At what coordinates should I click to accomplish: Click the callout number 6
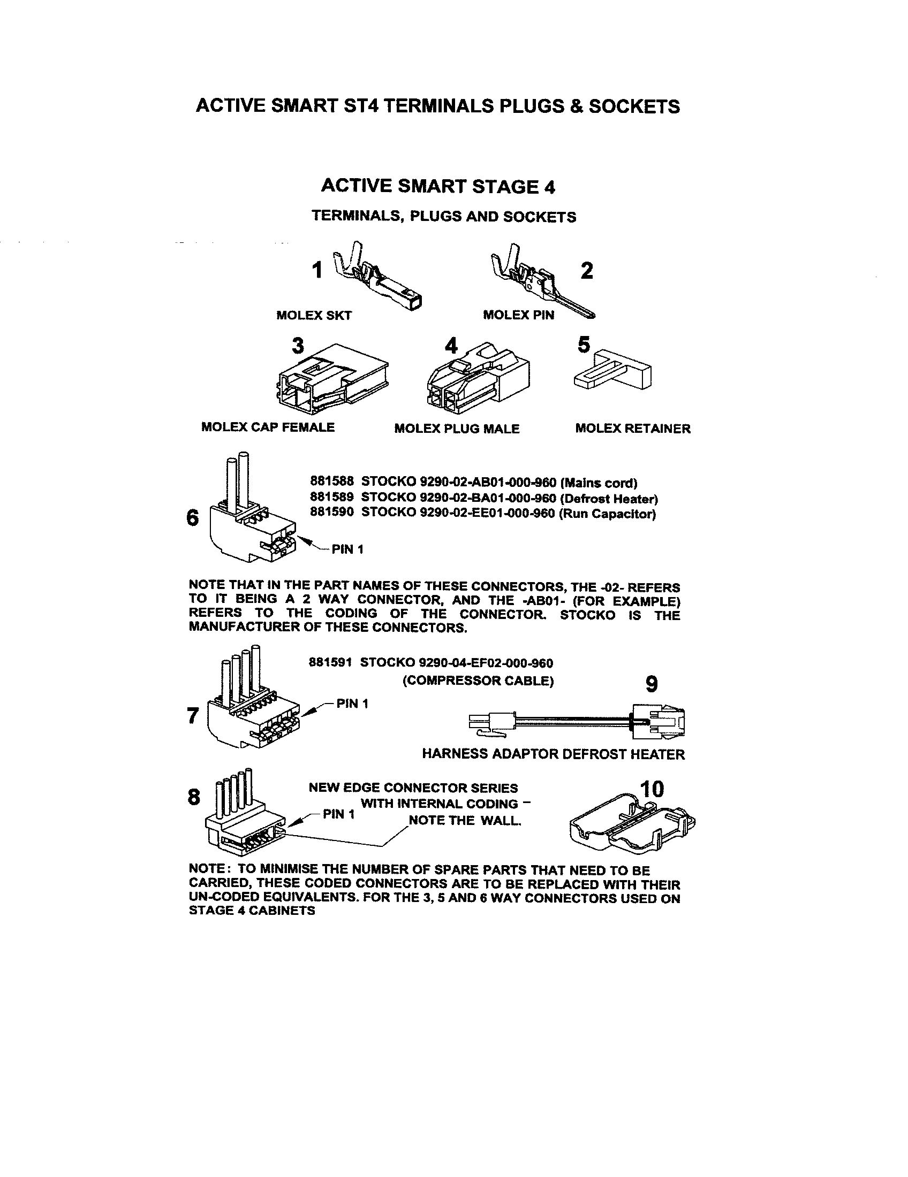(x=193, y=518)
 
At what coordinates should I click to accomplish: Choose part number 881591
(x=330, y=662)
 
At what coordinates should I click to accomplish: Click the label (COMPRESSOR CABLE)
(x=478, y=681)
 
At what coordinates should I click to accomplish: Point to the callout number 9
(x=652, y=684)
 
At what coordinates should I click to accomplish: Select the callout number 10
(x=652, y=789)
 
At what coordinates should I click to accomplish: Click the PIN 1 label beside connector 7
(x=352, y=704)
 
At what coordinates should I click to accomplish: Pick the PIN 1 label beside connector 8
(x=338, y=814)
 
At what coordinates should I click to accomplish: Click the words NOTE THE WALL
(x=465, y=821)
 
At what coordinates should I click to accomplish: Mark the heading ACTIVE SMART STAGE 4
(x=438, y=187)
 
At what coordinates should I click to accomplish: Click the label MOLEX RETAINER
(x=632, y=429)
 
